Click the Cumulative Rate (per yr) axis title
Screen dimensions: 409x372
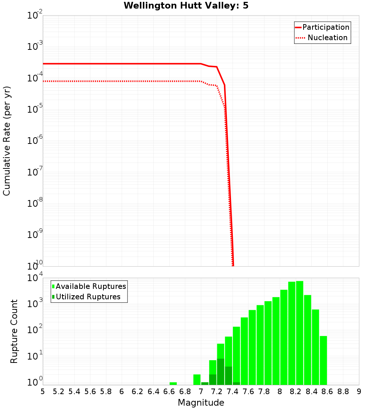coord(7,141)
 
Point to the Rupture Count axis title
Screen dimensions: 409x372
coord(14,331)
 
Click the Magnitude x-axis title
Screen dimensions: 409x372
coord(201,403)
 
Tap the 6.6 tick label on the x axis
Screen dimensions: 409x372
coord(169,392)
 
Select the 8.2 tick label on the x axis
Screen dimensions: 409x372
coord(296,392)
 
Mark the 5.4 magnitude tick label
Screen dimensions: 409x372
coord(74,392)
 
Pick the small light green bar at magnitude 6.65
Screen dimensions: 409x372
coord(173,383)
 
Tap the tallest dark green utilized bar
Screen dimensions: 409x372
coord(221,372)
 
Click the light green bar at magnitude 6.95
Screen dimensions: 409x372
coord(197,380)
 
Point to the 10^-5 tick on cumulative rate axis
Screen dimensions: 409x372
coord(34,109)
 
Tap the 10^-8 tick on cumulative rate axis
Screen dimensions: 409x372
coord(34,203)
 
